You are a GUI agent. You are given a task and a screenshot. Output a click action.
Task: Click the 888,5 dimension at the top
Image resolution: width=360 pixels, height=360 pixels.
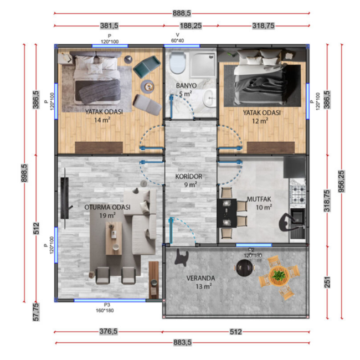(x=182, y=13)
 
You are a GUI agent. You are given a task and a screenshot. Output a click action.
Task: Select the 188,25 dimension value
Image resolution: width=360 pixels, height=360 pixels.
(x=191, y=25)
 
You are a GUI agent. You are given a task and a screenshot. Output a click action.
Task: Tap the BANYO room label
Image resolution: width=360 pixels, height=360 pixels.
(x=186, y=86)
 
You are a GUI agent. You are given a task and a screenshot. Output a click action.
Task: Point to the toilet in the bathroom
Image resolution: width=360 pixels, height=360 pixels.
(x=177, y=62)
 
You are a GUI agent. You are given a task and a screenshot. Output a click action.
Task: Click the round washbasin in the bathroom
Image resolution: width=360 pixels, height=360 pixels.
(x=209, y=98)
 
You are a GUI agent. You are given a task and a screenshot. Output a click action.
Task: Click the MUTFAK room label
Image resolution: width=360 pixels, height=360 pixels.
(x=259, y=199)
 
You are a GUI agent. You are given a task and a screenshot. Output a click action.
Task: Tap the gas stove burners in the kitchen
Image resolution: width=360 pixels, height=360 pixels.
(x=298, y=194)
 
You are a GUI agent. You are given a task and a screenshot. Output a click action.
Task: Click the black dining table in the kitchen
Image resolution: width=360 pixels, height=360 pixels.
(x=227, y=213)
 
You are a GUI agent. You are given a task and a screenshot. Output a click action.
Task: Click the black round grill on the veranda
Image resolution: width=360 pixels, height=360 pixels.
(x=245, y=268)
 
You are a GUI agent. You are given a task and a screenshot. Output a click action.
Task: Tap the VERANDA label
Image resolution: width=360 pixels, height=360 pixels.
(x=200, y=278)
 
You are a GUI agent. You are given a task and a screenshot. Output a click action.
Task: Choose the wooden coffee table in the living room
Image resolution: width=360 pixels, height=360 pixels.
(x=114, y=238)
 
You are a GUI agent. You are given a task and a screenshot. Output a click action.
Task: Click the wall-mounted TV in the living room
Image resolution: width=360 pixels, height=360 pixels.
(x=65, y=198)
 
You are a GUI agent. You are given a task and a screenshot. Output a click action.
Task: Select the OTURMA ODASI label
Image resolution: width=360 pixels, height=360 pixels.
(x=107, y=207)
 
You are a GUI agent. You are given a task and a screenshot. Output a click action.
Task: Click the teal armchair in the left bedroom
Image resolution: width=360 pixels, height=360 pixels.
(x=147, y=66)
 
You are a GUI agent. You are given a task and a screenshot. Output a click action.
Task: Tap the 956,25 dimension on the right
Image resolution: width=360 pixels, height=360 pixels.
(x=342, y=182)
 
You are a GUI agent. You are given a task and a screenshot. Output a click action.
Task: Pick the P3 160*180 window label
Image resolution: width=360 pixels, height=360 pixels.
(x=105, y=307)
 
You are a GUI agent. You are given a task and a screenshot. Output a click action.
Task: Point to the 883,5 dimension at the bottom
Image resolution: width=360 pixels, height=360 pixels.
(x=182, y=343)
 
